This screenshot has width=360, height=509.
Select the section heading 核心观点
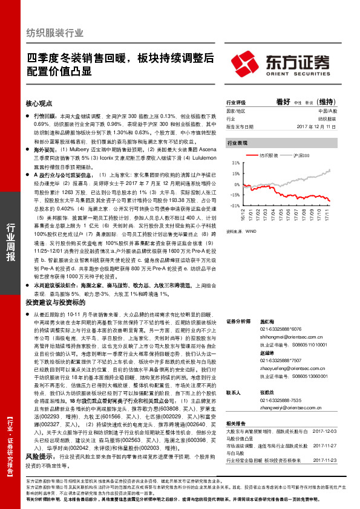click(39, 86)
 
